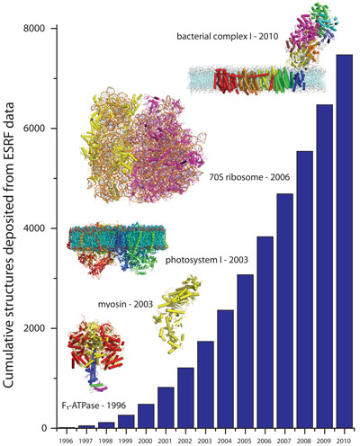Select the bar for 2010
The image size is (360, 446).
coord(344,242)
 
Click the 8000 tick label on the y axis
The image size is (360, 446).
coord(39,28)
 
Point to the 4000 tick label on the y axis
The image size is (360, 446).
coord(39,228)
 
